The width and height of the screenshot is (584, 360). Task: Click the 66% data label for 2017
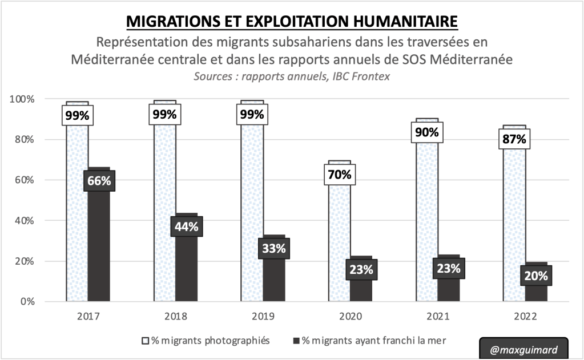(x=100, y=181)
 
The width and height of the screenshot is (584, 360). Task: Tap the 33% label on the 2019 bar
(x=275, y=248)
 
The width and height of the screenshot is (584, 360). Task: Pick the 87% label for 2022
(x=514, y=139)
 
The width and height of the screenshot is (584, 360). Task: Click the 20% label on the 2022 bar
(x=536, y=276)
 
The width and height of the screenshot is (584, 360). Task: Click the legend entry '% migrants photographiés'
(x=205, y=341)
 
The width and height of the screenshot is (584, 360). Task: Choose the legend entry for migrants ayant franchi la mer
(x=368, y=341)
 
